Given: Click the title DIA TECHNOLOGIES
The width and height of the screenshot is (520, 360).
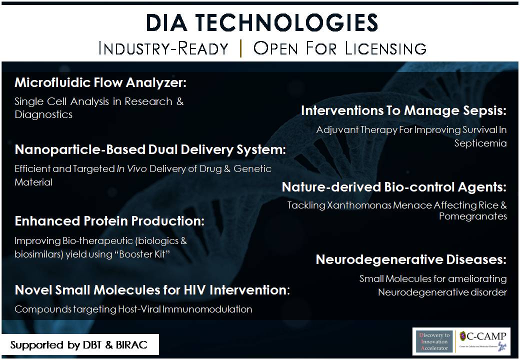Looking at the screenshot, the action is pyautogui.click(x=261, y=22).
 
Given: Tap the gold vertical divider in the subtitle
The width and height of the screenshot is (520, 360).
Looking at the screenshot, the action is pyautogui.click(x=241, y=48).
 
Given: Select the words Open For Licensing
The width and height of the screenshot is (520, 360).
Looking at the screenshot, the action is pyautogui.click(x=339, y=48).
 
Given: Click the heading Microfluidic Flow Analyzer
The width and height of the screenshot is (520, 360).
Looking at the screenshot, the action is pyautogui.click(x=100, y=82).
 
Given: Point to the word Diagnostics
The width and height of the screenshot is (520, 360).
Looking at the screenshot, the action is pyautogui.click(x=43, y=114).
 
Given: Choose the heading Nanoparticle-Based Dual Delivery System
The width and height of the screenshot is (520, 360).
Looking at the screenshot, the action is pyautogui.click(x=150, y=149).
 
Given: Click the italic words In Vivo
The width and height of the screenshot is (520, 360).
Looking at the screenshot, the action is pyautogui.click(x=131, y=168).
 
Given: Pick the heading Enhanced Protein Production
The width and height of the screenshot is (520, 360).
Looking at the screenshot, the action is pyautogui.click(x=109, y=221).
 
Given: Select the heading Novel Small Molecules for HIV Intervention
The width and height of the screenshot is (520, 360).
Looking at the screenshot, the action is pyautogui.click(x=152, y=290).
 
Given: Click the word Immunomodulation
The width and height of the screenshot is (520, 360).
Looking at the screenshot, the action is pyautogui.click(x=207, y=309).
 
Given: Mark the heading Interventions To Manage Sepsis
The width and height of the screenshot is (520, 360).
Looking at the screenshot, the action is pyautogui.click(x=404, y=110).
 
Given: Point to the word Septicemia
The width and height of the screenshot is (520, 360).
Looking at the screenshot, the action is pyautogui.click(x=480, y=143).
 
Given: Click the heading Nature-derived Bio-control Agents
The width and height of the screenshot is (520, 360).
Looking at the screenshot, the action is pyautogui.click(x=394, y=187).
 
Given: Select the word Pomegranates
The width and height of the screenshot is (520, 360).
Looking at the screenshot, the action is pyautogui.click(x=473, y=216).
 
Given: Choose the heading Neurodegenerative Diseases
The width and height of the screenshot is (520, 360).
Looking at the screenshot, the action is pyautogui.click(x=411, y=259).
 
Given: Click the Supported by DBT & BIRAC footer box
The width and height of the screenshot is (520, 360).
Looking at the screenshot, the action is pyautogui.click(x=80, y=345).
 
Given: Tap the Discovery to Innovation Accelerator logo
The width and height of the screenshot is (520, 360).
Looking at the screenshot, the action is pyautogui.click(x=434, y=341).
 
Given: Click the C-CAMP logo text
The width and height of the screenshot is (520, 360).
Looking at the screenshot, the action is pyautogui.click(x=483, y=337).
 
